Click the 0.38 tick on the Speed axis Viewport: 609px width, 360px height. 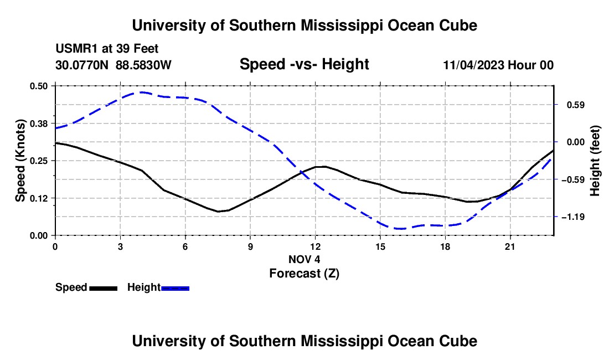coord(38,124)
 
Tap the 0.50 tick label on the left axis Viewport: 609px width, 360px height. coord(38,86)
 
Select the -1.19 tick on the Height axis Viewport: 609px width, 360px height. coord(573,217)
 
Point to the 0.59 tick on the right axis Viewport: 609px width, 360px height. coord(576,105)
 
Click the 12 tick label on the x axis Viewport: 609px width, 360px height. coord(316,246)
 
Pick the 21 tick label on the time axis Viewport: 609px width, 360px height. coord(510,246)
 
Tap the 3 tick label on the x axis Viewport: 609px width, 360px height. coord(120,246)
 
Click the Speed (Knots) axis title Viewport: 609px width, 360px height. coord(20,161)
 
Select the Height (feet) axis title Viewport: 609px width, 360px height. coord(595,161)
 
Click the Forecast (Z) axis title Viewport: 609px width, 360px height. coord(304,273)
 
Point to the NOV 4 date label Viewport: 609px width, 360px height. coord(304,259)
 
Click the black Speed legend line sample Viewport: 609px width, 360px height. coord(104,288)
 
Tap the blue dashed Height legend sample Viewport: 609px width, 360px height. coord(175,288)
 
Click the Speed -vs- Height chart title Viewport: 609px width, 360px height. coord(304,64)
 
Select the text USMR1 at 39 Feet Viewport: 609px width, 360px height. coord(107,49)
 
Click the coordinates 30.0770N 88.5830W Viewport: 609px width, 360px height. coord(113,65)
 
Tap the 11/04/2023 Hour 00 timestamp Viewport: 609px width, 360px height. coord(498,65)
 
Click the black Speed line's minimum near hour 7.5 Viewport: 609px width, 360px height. coord(218,212)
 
